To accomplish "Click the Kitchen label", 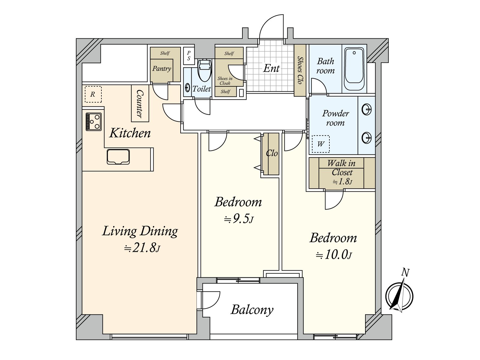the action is (130, 133).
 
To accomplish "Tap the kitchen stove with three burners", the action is (94, 122).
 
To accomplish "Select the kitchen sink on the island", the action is (118, 157).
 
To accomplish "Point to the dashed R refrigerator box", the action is (93, 94).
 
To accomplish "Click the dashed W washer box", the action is (321, 144).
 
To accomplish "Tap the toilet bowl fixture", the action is (205, 70).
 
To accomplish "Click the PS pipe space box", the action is (188, 56).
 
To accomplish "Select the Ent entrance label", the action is (271, 68).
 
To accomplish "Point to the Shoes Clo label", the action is (300, 70).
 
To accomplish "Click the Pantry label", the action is (162, 69).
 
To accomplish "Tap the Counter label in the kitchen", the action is (140, 104).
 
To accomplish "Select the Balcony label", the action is (252, 310).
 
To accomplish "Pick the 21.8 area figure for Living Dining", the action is (142, 248).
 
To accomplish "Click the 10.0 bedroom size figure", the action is (334, 255).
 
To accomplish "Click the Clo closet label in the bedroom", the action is (272, 153).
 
